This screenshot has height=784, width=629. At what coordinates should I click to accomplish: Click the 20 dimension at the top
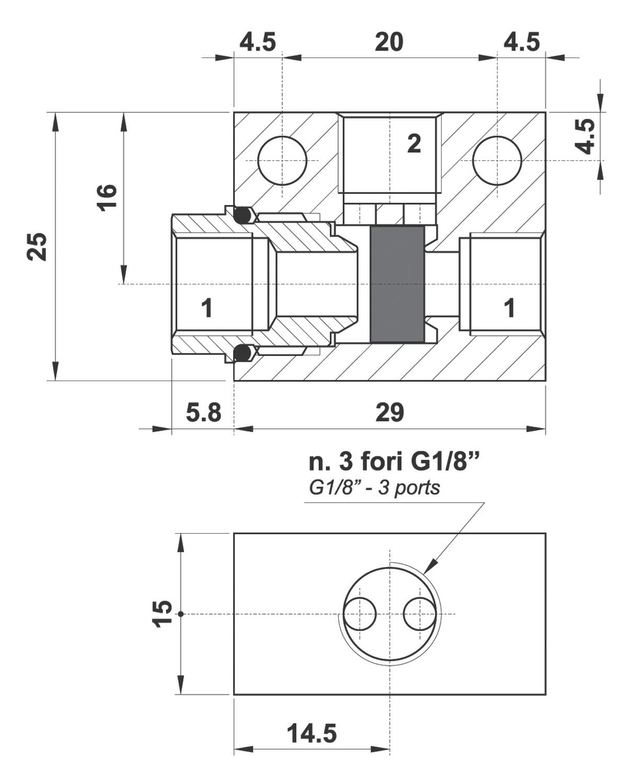pyautogui.click(x=389, y=42)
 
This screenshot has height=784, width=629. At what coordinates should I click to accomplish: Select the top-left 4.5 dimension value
pyautogui.click(x=257, y=42)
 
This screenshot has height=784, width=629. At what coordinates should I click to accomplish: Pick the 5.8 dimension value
pyautogui.click(x=203, y=413)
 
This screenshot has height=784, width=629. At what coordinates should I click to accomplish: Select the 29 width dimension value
pyautogui.click(x=390, y=413)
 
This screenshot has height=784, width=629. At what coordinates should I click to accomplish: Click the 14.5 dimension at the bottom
pyautogui.click(x=312, y=734)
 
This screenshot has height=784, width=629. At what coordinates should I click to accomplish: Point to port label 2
pyautogui.click(x=414, y=144)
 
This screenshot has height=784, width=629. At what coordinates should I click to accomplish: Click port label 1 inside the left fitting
pyautogui.click(x=207, y=308)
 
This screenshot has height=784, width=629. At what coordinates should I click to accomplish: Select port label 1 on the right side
pyautogui.click(x=509, y=308)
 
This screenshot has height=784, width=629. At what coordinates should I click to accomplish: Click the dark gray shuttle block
pyautogui.click(x=397, y=284)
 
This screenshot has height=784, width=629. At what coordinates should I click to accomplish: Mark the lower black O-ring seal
pyautogui.click(x=242, y=354)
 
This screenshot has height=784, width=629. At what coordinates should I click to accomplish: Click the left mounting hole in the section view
pyautogui.click(x=282, y=160)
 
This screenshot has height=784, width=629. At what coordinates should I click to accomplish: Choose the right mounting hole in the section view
pyautogui.click(x=497, y=160)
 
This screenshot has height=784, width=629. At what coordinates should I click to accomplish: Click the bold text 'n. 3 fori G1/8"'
pyautogui.click(x=394, y=463)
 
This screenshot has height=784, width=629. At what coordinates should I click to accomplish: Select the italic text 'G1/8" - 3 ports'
pyautogui.click(x=374, y=488)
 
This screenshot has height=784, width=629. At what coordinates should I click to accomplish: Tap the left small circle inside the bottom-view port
pyautogui.click(x=360, y=614)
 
